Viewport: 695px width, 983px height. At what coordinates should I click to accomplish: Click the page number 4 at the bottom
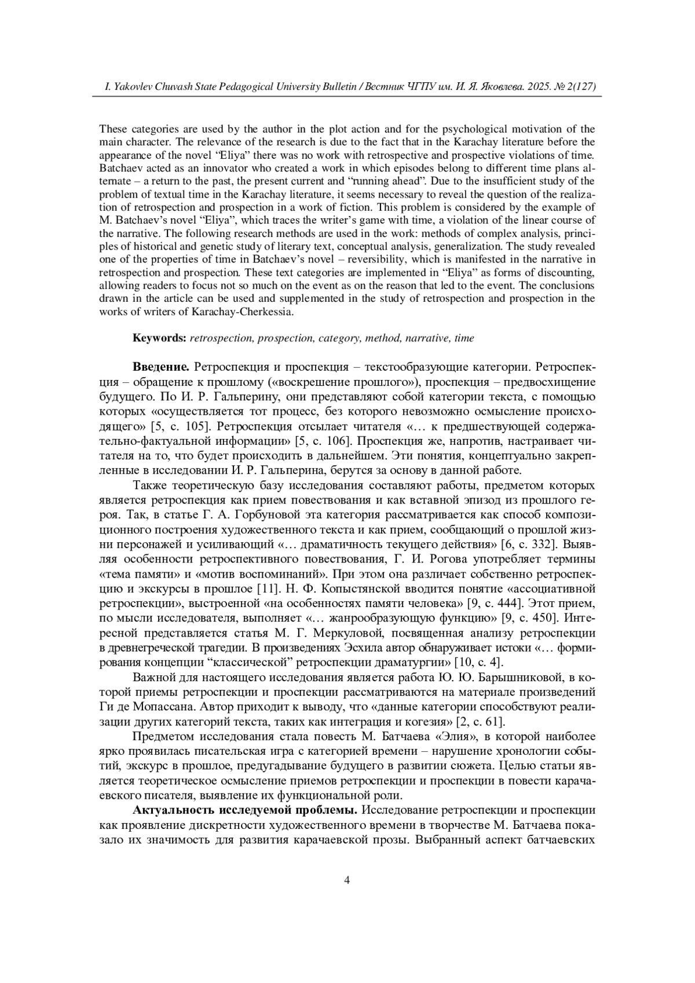click(x=347, y=880)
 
